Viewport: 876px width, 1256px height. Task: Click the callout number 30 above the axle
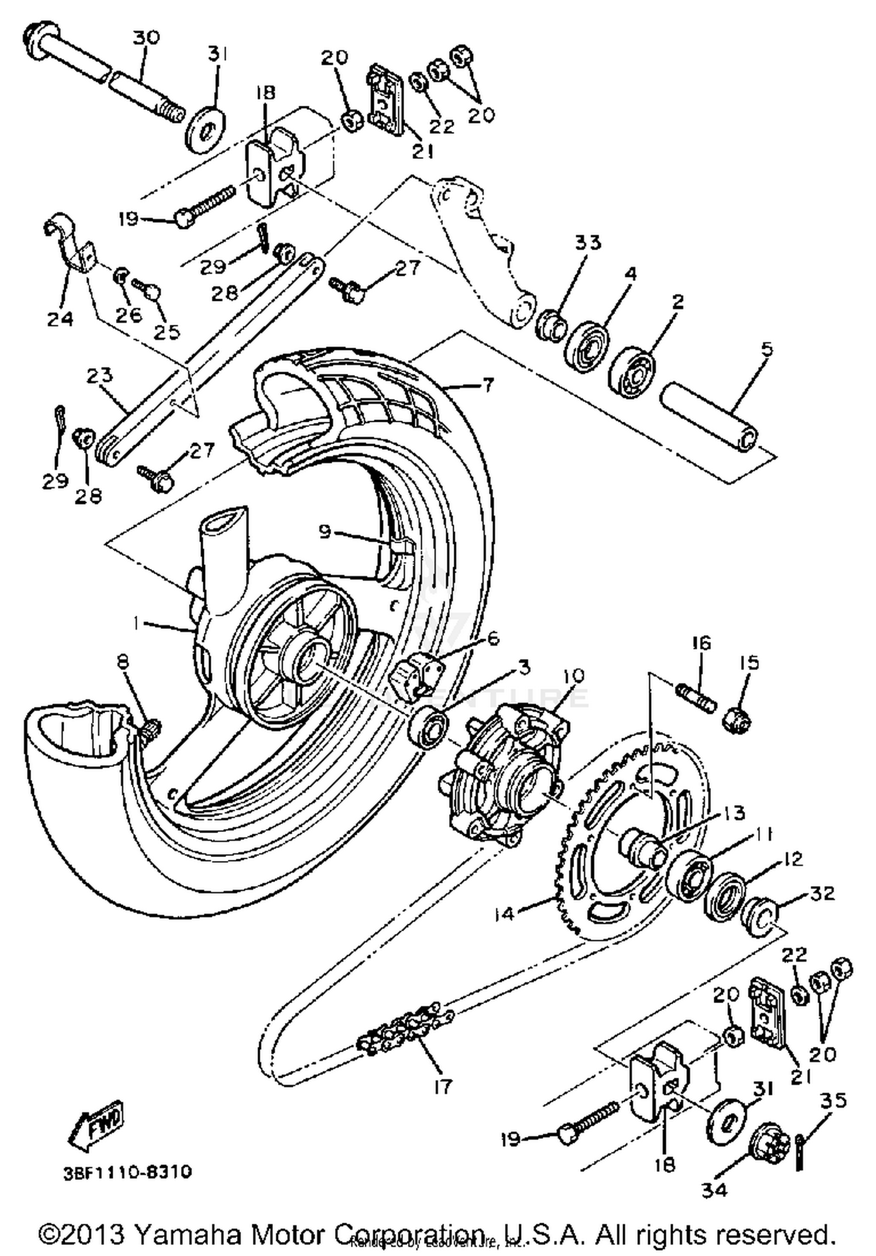click(145, 38)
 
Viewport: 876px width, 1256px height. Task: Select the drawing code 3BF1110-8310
click(127, 1172)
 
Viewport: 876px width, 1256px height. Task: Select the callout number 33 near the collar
click(587, 242)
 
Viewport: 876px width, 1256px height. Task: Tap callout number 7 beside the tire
click(487, 384)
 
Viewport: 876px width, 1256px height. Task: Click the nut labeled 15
click(738, 720)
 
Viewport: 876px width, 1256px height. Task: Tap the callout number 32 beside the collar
click(822, 893)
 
